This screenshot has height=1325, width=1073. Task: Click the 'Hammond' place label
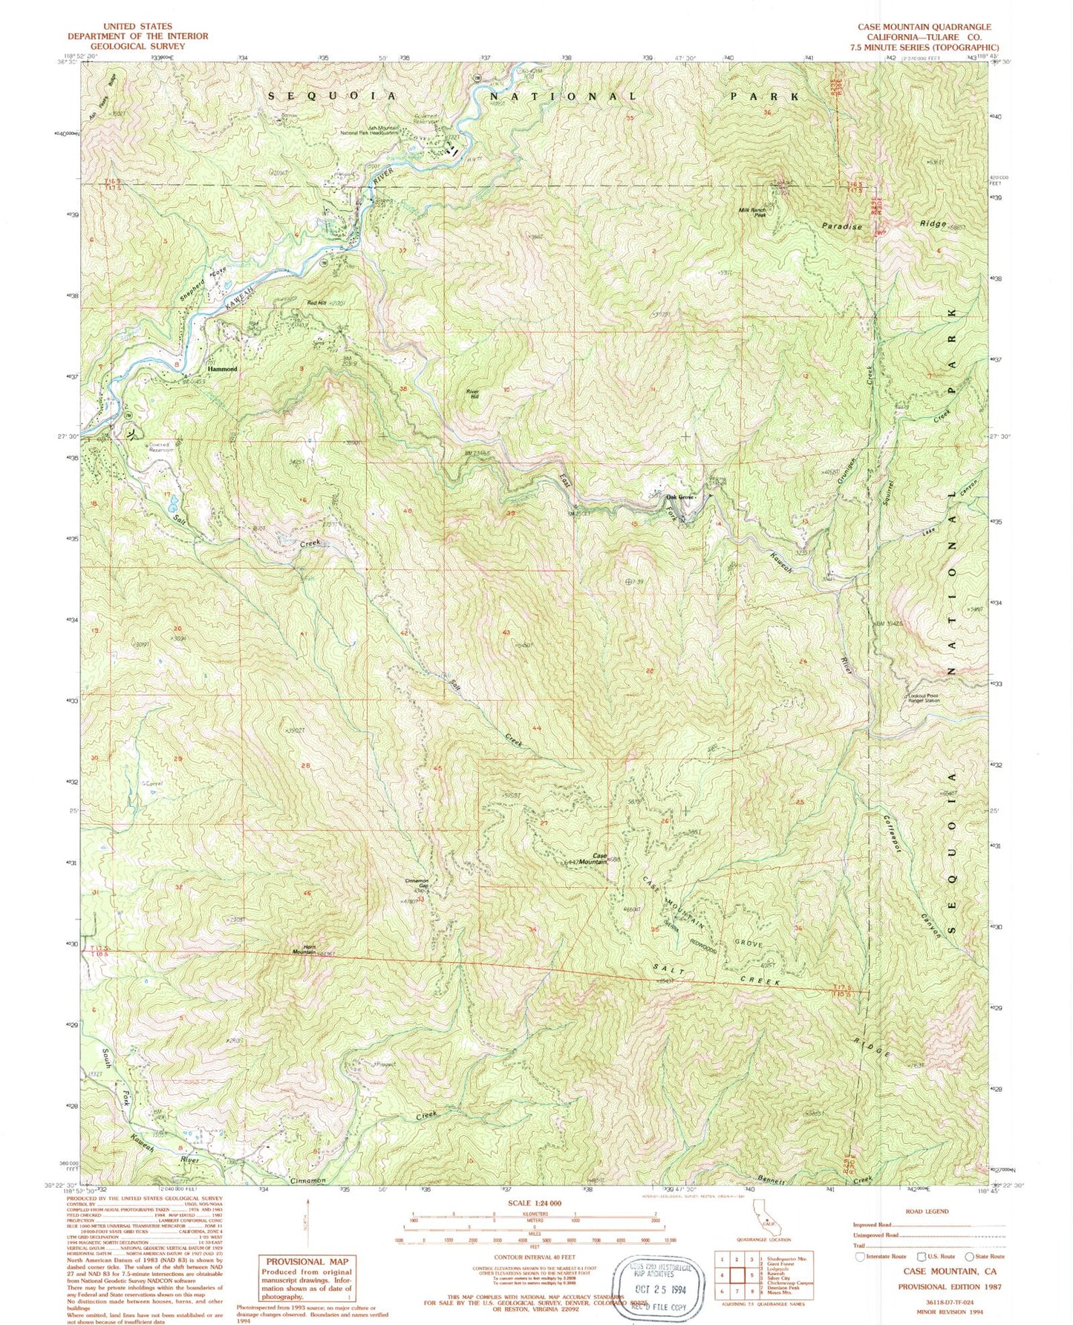[222, 369]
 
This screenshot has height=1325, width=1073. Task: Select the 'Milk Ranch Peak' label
[769, 212]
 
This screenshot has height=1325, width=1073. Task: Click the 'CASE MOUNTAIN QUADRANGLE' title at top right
[924, 27]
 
